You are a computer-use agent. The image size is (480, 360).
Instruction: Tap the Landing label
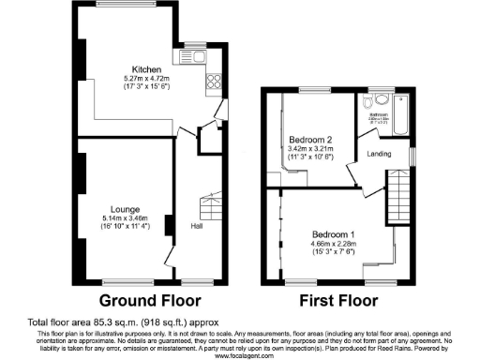(x=379, y=154)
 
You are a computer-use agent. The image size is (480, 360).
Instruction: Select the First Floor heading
(x=337, y=302)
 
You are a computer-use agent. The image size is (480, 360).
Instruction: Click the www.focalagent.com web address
(x=240, y=355)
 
